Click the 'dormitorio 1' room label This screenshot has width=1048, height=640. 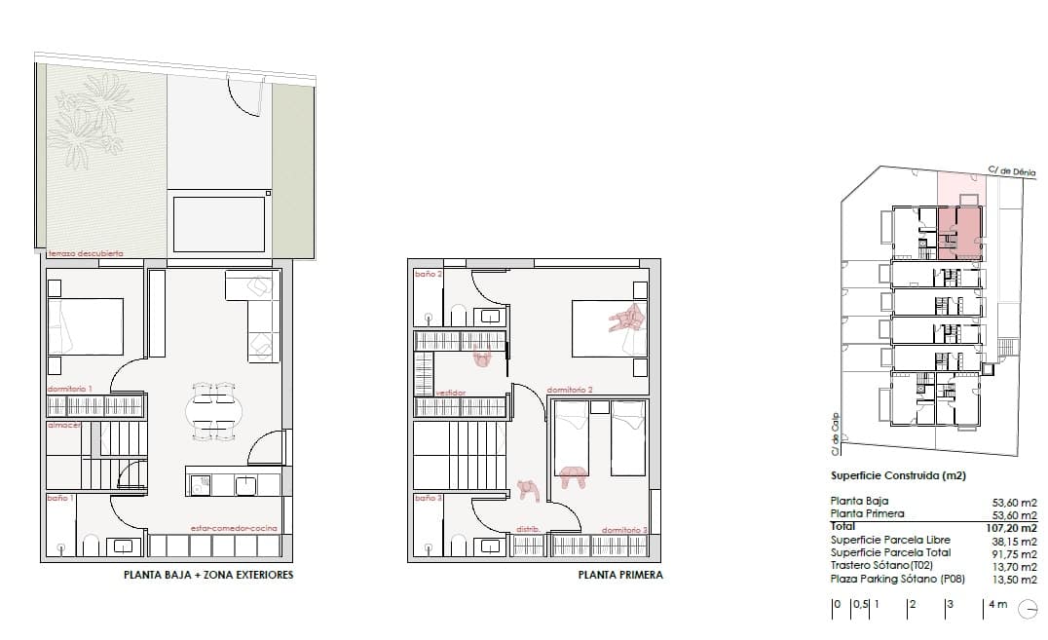point(69,390)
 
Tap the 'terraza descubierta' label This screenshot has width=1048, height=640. point(86,253)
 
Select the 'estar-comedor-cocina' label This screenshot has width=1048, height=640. point(234,528)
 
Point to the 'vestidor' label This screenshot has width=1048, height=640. point(450,392)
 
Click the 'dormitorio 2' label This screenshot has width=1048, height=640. point(571,390)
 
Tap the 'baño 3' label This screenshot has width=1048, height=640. point(429,498)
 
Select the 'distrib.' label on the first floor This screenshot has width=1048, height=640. point(528,529)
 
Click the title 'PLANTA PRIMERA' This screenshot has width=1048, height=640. point(620,575)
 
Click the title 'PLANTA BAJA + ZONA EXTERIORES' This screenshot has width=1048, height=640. point(208,575)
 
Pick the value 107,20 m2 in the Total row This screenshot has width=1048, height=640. point(1012,526)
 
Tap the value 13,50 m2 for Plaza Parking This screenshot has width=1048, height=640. point(1014,579)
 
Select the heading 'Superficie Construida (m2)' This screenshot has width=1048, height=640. point(897,476)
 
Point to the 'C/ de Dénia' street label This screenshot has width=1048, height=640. point(1012,170)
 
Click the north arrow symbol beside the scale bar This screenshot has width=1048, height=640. point(1028,610)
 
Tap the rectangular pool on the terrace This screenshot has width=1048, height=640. point(219,223)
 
